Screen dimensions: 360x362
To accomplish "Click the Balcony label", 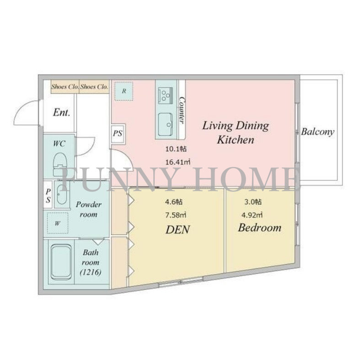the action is pyautogui.click(x=318, y=132).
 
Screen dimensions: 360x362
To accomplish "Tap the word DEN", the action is pyautogui.click(x=177, y=229).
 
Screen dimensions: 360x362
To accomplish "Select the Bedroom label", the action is pyautogui.click(x=259, y=228).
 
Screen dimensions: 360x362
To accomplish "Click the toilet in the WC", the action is pyautogui.click(x=60, y=164).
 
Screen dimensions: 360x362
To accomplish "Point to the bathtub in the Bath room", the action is pyautogui.click(x=61, y=262).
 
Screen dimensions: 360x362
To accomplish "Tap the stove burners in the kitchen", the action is pyautogui.click(x=165, y=96).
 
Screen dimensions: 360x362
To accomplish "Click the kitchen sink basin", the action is pyautogui.click(x=165, y=124).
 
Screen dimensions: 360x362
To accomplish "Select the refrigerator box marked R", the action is pyautogui.click(x=124, y=91).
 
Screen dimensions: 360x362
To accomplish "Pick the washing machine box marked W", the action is pyautogui.click(x=58, y=223).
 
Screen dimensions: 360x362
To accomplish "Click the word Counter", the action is pyautogui.click(x=182, y=110).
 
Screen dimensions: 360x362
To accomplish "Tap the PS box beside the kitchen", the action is pyautogui.click(x=118, y=133).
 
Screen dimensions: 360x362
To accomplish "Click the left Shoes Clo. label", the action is pyautogui.click(x=65, y=87).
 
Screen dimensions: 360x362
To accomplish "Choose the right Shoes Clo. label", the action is pyautogui.click(x=94, y=87).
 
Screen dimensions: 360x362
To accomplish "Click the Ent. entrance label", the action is pyautogui.click(x=61, y=112).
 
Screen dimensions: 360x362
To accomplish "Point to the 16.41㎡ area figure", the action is pyautogui.click(x=178, y=162).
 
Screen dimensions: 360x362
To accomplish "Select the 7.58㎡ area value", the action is pyautogui.click(x=176, y=215).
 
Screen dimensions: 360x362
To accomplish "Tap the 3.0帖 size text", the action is pyautogui.click(x=253, y=202).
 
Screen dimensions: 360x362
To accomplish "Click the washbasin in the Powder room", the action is pyautogui.click(x=61, y=194).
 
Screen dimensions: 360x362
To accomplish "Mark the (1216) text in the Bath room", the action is pyautogui.click(x=91, y=272).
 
